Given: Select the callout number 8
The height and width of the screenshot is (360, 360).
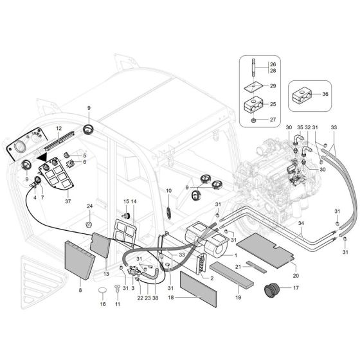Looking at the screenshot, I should click(80, 290).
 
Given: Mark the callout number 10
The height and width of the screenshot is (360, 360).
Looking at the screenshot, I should click(169, 191).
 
